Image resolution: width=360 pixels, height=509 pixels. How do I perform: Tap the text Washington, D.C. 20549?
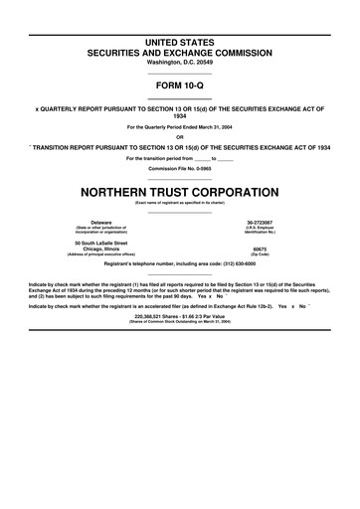180,61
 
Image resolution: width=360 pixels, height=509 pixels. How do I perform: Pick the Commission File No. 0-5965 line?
180,168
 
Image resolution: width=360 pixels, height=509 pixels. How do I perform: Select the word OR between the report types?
180,137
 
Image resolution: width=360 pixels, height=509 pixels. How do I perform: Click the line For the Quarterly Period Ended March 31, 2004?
180,127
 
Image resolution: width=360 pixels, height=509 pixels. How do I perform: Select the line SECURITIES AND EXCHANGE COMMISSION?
180,50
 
